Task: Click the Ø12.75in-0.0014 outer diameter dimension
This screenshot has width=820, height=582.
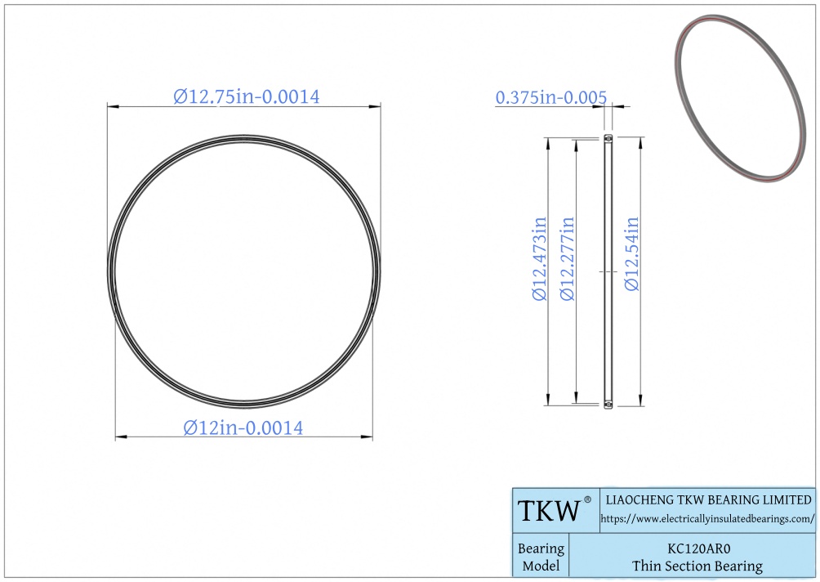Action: (x=247, y=96)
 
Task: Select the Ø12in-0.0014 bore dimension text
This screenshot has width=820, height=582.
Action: (x=243, y=428)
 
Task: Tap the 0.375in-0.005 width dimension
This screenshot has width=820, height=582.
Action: (x=550, y=97)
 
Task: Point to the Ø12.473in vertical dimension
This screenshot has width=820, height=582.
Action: (x=540, y=258)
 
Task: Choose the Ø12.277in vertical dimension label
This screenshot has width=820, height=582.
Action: (x=568, y=258)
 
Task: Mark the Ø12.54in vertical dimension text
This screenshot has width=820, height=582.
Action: (x=632, y=253)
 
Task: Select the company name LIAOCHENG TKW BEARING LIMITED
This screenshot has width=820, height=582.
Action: (x=708, y=499)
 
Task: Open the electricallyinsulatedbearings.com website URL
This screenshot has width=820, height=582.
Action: (x=707, y=519)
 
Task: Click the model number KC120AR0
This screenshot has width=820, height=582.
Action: (x=698, y=548)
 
